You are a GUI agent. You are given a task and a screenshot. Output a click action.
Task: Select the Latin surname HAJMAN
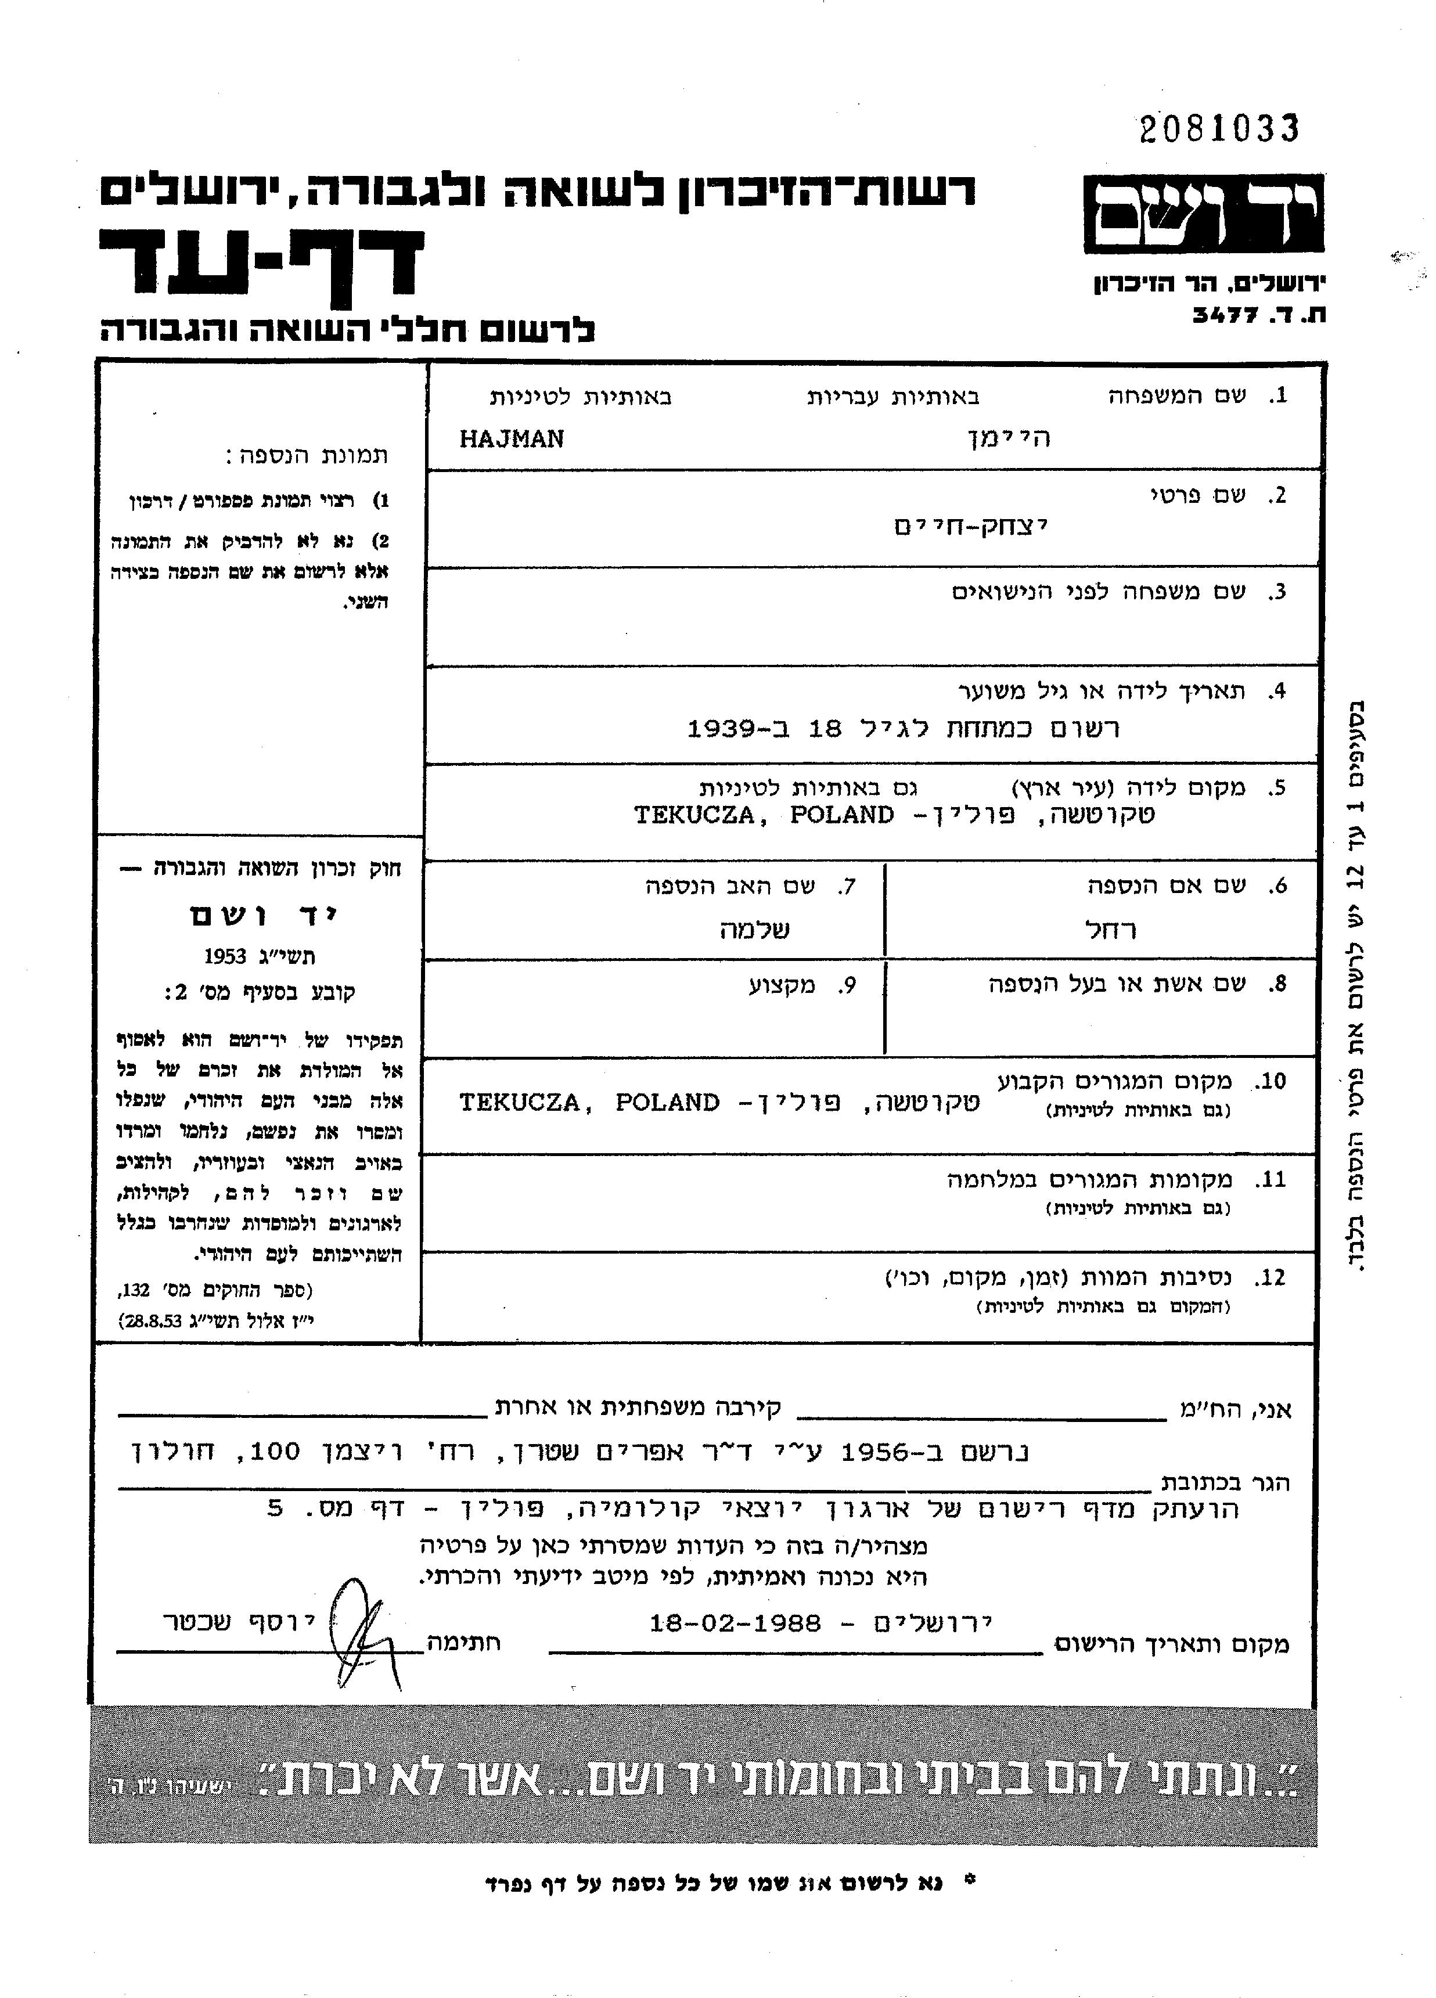click(x=512, y=439)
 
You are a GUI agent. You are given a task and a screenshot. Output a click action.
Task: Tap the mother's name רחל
click(x=1109, y=930)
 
